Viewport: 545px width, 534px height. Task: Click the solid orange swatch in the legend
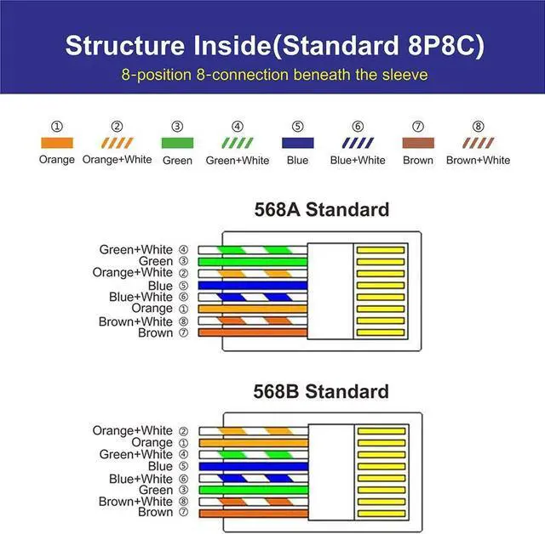[56, 144]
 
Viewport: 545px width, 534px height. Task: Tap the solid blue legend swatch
[297, 144]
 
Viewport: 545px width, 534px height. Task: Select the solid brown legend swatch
[418, 144]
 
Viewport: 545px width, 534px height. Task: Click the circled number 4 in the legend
[238, 127]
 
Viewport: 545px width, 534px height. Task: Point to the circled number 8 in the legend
[478, 127]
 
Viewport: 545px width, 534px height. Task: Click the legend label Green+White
[238, 160]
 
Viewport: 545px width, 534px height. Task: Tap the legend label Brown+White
[478, 160]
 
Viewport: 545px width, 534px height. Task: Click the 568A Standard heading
[321, 210]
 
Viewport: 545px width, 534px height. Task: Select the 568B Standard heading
[321, 392]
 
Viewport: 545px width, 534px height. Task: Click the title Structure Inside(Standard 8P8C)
[272, 45]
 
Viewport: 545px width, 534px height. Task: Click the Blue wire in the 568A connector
[252, 286]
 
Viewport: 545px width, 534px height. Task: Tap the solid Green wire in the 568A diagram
[252, 262]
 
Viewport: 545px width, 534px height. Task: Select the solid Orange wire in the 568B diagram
[252, 443]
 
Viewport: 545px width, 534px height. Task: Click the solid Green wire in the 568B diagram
[252, 491]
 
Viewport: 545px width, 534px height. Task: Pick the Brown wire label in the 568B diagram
[155, 513]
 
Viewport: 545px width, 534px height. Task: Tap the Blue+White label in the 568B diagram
[141, 479]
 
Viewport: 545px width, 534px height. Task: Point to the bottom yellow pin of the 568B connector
[381, 514]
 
